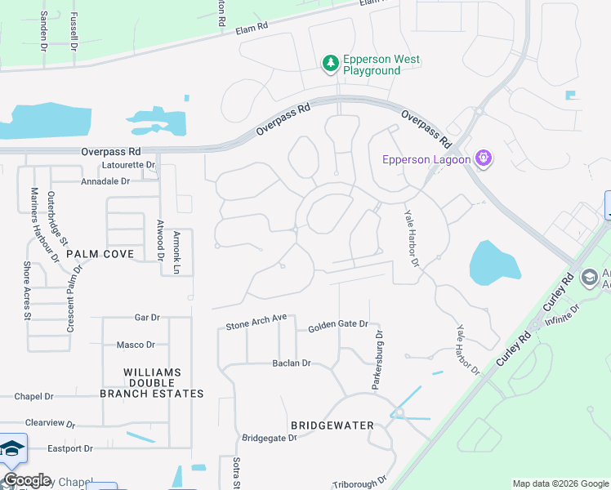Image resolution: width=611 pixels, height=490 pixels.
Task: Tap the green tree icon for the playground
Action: click(330, 63)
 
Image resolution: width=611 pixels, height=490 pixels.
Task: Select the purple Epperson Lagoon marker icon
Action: click(483, 158)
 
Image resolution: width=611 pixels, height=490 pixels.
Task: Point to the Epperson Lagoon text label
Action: click(426, 159)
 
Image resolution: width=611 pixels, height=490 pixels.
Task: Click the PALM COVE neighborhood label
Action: click(100, 254)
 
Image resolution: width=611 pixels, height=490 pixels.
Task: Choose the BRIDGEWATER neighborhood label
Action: click(332, 425)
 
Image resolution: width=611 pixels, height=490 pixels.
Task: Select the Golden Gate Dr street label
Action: click(338, 325)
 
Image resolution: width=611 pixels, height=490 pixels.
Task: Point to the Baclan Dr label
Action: click(292, 363)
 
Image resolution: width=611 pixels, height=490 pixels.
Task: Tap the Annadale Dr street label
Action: click(105, 181)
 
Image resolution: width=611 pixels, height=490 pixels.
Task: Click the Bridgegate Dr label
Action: click(268, 438)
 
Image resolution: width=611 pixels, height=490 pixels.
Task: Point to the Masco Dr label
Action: click(136, 345)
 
